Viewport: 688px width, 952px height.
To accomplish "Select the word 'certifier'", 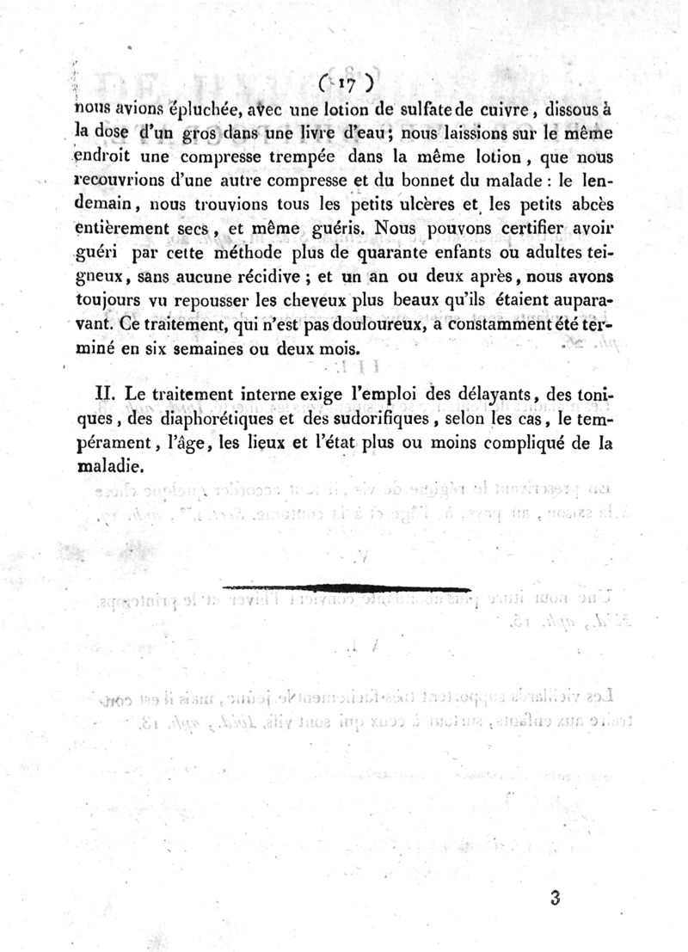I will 519,230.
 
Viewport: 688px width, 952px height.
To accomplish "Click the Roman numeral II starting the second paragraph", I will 104,393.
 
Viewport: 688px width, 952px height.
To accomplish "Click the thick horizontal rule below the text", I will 346,588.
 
